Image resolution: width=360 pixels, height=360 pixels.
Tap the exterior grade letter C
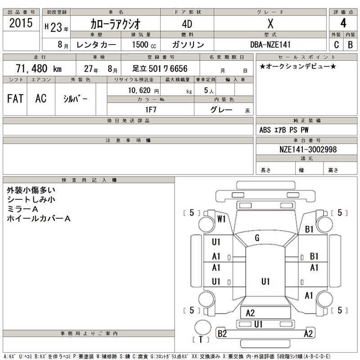336,45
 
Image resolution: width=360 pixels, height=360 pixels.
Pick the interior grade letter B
350,45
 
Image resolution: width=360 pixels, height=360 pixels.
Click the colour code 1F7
150,109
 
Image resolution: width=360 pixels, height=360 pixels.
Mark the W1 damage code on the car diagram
220,219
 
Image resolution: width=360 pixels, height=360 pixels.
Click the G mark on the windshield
257,237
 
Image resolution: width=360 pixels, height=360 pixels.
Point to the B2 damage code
222,333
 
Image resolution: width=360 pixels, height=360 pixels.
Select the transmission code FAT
15,99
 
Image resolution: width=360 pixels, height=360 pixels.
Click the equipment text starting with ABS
284,130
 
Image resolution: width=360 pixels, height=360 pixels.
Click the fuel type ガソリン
188,45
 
